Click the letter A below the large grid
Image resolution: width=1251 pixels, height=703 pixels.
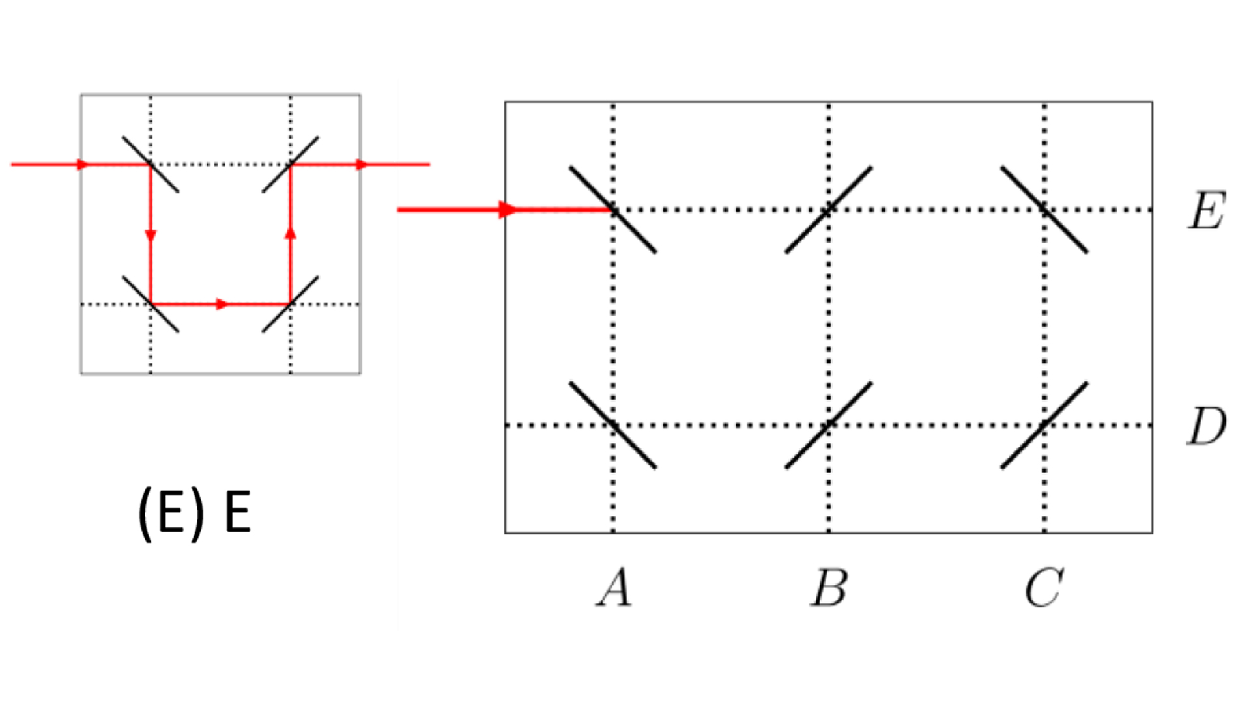point(614,587)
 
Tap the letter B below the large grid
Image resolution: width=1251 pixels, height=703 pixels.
point(829,587)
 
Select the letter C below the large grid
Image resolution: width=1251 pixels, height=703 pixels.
point(1044,587)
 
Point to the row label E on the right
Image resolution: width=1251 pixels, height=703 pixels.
point(1206,211)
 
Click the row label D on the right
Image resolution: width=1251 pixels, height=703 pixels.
point(1206,426)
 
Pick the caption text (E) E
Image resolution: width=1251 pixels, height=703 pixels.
point(194,513)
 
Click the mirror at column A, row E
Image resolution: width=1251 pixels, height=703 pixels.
point(613,210)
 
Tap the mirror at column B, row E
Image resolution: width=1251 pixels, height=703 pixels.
point(829,210)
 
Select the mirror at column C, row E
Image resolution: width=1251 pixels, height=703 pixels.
point(1044,210)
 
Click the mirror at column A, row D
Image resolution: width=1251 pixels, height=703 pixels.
point(613,426)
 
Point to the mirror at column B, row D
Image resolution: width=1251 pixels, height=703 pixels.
point(829,426)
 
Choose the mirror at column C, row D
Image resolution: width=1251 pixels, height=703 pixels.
point(1044,426)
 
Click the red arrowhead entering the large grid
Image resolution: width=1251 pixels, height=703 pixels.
point(508,210)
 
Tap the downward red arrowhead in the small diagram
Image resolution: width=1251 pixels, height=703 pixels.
point(151,236)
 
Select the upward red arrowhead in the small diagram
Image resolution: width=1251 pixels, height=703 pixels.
point(291,232)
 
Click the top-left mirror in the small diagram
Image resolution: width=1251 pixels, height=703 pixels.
point(151,165)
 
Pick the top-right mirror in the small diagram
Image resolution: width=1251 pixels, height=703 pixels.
point(291,165)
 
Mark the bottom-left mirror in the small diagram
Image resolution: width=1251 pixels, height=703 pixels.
point(151,304)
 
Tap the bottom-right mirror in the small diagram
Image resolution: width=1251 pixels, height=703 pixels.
point(291,304)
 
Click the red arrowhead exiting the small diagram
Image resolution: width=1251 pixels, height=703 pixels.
point(362,165)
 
